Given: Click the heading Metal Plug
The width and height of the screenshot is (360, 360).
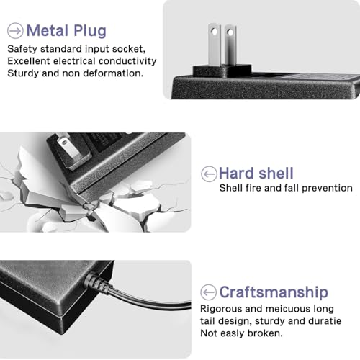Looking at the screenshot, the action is (x=66, y=31).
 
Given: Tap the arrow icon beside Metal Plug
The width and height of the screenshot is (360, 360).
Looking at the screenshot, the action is (x=15, y=31).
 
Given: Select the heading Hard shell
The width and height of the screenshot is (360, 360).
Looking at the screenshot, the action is (x=256, y=173).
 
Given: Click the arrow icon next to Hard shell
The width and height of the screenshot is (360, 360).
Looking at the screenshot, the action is (x=209, y=174).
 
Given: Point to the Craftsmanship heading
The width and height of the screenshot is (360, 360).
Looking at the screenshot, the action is (x=274, y=292).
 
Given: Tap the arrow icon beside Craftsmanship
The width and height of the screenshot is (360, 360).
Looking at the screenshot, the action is (x=208, y=292).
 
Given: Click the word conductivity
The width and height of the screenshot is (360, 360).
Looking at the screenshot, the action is (x=127, y=61).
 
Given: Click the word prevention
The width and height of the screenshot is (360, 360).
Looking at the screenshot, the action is (x=327, y=188).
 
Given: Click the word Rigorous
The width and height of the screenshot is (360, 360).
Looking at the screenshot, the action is (x=221, y=309).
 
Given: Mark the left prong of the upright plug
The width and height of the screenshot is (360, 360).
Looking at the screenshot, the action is (x=214, y=45).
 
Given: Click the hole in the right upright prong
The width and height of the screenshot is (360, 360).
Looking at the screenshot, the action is (x=230, y=32).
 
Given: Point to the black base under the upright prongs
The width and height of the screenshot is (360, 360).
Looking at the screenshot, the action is (x=222, y=71).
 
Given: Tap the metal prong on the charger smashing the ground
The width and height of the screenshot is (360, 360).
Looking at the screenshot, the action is (x=68, y=148).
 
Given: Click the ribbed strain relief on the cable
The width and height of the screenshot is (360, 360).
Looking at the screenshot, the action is (x=99, y=282).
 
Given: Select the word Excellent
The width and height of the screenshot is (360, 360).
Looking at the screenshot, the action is (x=29, y=61).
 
